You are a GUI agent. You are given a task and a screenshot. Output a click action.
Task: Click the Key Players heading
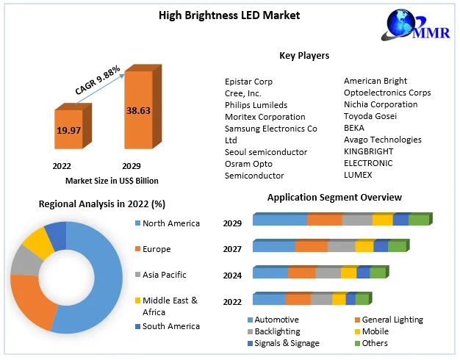pos(304,55)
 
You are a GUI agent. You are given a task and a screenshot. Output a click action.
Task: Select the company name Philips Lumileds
pos(256,105)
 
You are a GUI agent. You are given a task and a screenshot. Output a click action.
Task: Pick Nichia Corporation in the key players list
pos(381,104)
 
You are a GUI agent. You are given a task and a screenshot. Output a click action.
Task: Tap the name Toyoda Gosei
pos(370,116)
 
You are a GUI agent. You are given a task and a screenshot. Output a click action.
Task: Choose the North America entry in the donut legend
pos(170,223)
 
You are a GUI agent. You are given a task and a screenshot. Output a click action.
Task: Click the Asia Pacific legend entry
pos(164,275)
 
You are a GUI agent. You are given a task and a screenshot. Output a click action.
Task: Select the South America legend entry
pos(170,326)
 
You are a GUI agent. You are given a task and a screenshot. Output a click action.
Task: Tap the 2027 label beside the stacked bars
pos(233,249)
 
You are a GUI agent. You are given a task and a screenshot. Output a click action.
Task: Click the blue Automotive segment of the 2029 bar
pos(280,220)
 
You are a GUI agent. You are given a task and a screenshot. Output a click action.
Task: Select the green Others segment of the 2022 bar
pos(362,299)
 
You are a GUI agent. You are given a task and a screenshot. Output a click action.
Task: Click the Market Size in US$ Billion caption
pos(112,181)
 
